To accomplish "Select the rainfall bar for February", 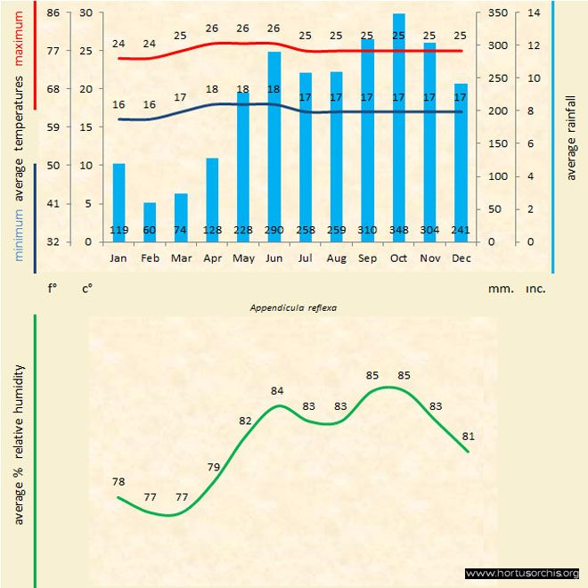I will click(150, 222).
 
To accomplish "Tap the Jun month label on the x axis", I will click(274, 258).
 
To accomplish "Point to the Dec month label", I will click(461, 258).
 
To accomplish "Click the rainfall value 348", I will click(399, 231).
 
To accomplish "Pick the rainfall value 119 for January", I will click(118, 231).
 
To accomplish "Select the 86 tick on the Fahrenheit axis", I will click(54, 12).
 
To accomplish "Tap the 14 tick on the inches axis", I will click(534, 12).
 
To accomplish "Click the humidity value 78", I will click(118, 482).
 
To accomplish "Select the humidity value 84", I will click(277, 390).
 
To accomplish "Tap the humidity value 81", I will click(468, 437).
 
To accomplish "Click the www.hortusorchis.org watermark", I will click(523, 573).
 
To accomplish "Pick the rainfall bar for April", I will click(212, 200).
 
